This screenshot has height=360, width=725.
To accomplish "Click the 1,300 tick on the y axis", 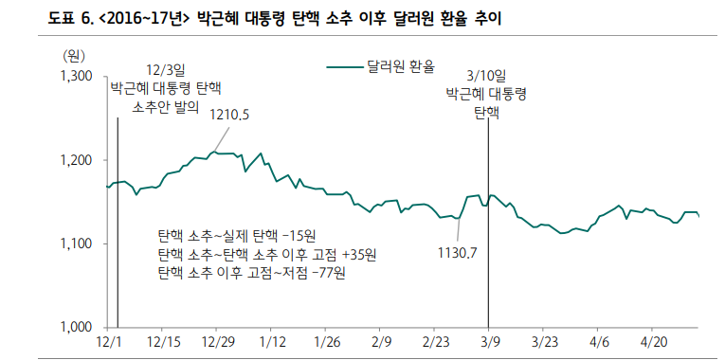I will [x=77, y=76].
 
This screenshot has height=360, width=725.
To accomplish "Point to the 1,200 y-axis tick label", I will [x=77, y=160].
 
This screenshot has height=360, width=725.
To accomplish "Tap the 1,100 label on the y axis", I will [x=77, y=244].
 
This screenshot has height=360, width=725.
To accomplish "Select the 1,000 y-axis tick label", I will [x=77, y=328].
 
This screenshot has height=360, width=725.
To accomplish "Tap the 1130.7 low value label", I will [x=457, y=252].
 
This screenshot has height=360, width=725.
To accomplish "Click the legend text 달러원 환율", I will [x=401, y=66].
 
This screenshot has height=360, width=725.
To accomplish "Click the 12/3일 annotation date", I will [x=166, y=71].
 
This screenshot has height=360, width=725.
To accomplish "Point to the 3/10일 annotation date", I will [x=487, y=76].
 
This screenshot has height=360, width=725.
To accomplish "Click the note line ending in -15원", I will [x=237, y=236].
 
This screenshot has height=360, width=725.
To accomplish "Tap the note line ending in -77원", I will [x=252, y=274].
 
